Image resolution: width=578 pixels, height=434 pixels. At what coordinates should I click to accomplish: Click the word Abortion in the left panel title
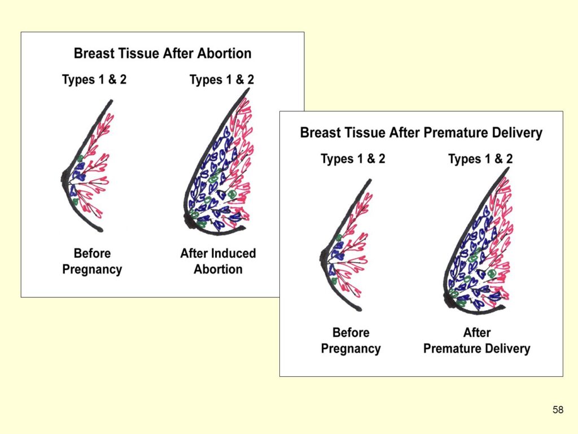pos(225,54)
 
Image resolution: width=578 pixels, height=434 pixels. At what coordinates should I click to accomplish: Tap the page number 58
pos(558,410)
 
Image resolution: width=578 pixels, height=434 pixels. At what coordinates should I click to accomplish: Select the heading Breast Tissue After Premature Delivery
pos(421,132)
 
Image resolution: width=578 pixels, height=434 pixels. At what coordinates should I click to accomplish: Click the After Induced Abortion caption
pos(218,261)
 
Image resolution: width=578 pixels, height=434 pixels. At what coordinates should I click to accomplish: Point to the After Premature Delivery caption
pos(476,341)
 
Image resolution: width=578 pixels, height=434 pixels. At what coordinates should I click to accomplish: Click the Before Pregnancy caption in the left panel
pos(92,261)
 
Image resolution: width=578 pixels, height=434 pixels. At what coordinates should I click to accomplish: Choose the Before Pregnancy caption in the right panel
pos(351,341)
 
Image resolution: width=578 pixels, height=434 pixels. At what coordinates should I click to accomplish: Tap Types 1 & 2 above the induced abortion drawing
pos(222,80)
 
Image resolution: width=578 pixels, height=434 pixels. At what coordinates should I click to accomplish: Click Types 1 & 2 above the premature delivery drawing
pos(480,159)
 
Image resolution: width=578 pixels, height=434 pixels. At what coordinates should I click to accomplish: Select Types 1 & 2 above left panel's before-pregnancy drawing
pos(94,80)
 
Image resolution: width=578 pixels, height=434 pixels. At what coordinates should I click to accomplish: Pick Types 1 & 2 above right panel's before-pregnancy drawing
pos(353,159)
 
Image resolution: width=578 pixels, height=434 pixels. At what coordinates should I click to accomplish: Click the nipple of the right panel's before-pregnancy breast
pos(323,257)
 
